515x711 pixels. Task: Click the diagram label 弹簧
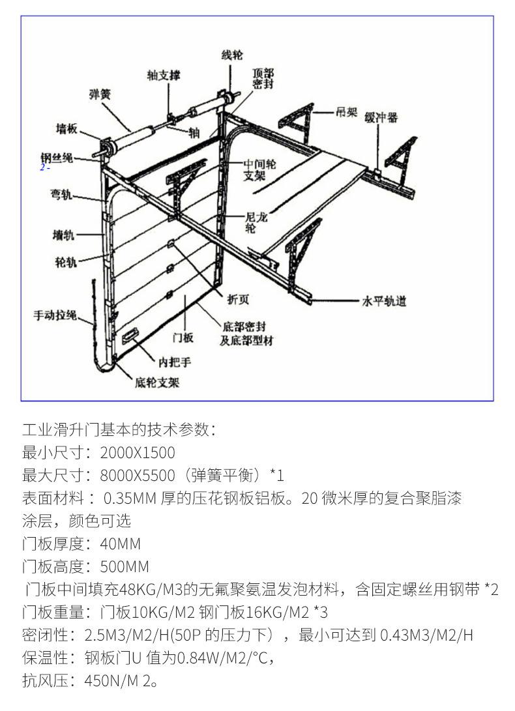click(x=100, y=95)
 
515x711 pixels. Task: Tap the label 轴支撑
click(x=163, y=76)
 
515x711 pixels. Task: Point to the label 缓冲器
click(x=381, y=118)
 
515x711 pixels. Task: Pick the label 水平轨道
click(x=384, y=301)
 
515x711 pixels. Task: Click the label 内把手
click(x=176, y=362)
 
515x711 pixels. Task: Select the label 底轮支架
click(x=157, y=383)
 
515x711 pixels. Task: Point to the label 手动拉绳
click(x=55, y=315)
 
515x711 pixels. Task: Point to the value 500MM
click(x=124, y=566)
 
